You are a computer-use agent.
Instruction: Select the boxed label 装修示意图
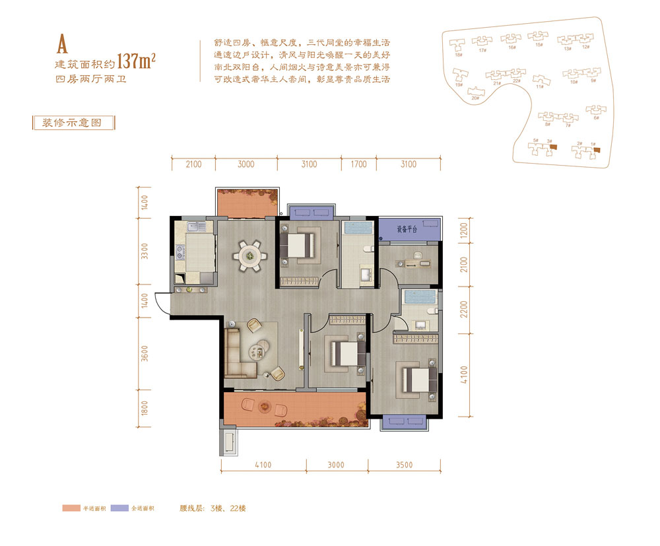point(73,123)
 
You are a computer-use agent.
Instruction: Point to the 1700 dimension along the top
point(358,164)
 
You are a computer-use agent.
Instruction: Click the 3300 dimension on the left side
point(145,253)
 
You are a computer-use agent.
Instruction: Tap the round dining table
point(249,254)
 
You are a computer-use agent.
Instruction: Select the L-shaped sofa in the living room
point(238,353)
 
